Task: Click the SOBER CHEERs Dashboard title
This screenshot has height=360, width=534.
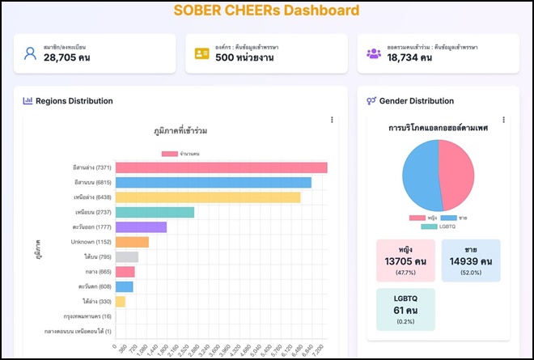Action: click(x=266, y=11)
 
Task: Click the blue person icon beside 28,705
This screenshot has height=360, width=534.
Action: click(x=30, y=53)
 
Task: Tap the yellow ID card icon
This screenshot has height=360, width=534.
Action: click(x=201, y=53)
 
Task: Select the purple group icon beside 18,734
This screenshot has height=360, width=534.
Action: click(x=373, y=53)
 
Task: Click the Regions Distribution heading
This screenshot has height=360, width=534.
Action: click(x=73, y=101)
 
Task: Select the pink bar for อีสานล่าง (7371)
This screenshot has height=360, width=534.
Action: click(x=221, y=167)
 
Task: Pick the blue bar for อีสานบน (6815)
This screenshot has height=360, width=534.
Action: click(x=213, y=182)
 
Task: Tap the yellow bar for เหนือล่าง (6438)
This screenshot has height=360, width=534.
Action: click(x=207, y=197)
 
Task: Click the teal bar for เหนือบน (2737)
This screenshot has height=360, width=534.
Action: click(x=155, y=212)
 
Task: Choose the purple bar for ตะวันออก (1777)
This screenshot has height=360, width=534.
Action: click(x=141, y=227)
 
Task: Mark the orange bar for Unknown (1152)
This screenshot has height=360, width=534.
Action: click(x=132, y=242)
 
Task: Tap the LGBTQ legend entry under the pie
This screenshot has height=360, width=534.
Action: click(x=438, y=227)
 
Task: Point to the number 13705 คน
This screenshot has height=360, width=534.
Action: click(x=405, y=261)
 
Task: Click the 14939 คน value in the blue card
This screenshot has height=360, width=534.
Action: click(x=471, y=261)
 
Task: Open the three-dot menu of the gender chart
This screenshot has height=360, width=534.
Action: click(x=503, y=121)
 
